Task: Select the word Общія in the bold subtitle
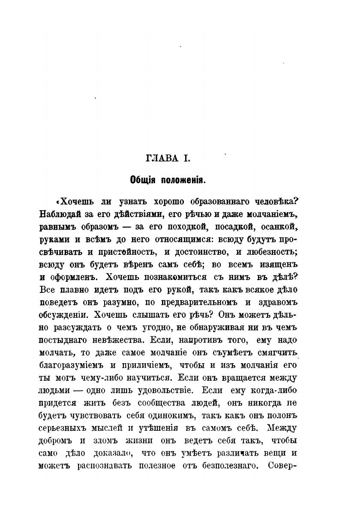144,181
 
